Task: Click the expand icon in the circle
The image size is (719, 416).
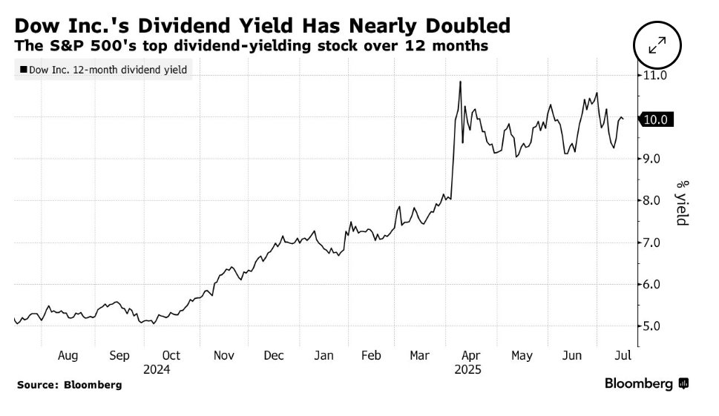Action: [657, 47]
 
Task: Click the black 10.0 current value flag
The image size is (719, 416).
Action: [657, 119]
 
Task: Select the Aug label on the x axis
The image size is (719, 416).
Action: [68, 356]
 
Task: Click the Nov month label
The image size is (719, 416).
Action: [224, 356]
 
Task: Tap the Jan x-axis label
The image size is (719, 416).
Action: [324, 356]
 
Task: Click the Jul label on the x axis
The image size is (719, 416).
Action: [623, 356]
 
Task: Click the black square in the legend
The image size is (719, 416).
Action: [23, 70]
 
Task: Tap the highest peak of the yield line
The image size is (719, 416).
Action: [461, 82]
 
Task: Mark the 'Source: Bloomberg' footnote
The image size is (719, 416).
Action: [69, 385]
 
